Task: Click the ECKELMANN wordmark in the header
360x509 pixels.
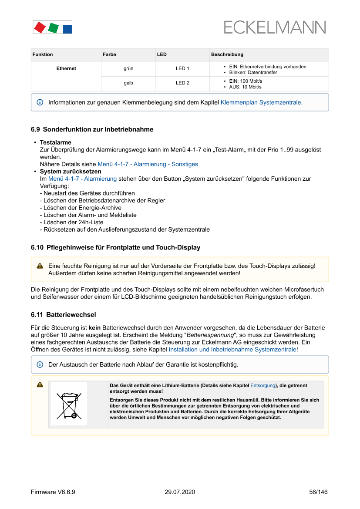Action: coord(274,27)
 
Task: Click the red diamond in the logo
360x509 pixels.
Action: coord(40,27)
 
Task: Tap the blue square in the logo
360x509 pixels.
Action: coord(67,29)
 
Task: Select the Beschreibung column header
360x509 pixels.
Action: coord(227,54)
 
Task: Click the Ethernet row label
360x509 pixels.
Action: coord(66,68)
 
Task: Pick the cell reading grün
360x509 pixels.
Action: coord(128,68)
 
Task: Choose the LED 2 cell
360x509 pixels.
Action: coord(182,83)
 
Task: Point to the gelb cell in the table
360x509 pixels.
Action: coord(128,83)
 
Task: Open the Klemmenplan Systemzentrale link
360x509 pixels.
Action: coord(261,103)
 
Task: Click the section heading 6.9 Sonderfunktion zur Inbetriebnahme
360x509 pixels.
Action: coord(92,129)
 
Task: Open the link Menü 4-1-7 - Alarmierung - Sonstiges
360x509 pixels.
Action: coord(148,164)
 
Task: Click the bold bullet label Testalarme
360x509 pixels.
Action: coord(56,142)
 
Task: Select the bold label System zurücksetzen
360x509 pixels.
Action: coord(71,172)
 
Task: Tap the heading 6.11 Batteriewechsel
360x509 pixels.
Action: coord(64,314)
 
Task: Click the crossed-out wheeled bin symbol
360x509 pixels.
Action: coord(69,404)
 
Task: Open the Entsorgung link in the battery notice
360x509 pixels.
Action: coord(262,386)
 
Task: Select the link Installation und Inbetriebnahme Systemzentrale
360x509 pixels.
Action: coord(232,349)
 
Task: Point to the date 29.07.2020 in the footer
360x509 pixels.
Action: coord(180,492)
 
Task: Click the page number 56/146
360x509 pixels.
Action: coord(318,492)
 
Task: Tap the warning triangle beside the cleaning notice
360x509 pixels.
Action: coord(40,266)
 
